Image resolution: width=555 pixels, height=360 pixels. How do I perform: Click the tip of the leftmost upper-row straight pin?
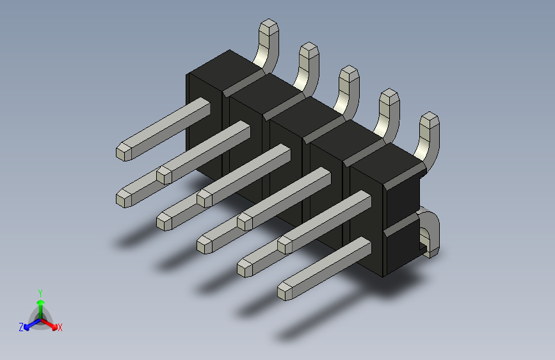123,151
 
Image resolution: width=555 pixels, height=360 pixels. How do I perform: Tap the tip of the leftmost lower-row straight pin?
124,198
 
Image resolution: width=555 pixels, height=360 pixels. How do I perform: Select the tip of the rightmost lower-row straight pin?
286,291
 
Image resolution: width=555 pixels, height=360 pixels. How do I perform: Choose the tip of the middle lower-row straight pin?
205,244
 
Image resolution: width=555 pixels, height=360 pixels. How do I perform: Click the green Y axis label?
40,291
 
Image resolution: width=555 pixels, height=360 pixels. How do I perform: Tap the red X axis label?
60,327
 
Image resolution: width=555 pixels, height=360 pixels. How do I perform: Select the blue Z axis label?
21,327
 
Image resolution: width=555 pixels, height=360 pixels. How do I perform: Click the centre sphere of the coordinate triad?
40,316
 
